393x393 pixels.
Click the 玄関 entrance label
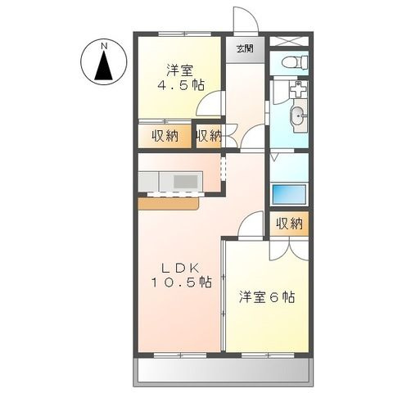245,48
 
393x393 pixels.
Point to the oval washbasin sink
297,115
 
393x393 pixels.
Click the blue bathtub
287,196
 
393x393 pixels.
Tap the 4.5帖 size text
181,85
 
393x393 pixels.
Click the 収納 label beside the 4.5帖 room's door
209,136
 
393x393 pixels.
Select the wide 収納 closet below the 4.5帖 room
164,136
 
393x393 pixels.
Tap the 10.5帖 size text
180,282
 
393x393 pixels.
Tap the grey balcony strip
223,373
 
